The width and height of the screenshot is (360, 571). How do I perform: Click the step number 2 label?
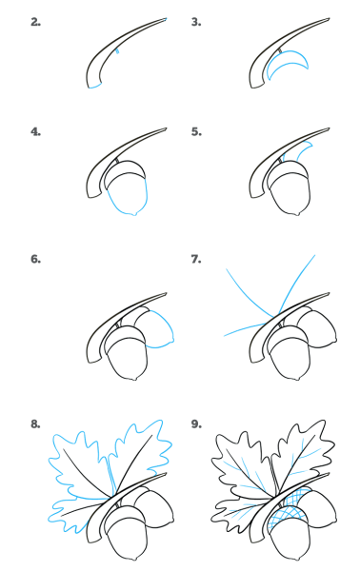click(35, 22)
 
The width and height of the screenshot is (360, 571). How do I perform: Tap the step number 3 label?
click(196, 22)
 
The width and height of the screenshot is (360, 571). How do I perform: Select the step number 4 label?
click(35, 132)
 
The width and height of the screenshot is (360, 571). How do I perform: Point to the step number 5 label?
click(196, 132)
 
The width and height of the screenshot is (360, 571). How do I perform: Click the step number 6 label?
click(35, 259)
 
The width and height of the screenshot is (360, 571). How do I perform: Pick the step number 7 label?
click(196, 259)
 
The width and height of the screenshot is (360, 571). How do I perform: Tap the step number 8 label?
click(35, 423)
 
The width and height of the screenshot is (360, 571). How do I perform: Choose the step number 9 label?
click(196, 423)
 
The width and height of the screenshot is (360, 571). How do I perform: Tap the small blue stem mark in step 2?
click(117, 51)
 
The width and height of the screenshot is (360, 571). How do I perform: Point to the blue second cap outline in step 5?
click(306, 147)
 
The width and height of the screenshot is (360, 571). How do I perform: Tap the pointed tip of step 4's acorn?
click(135, 214)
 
